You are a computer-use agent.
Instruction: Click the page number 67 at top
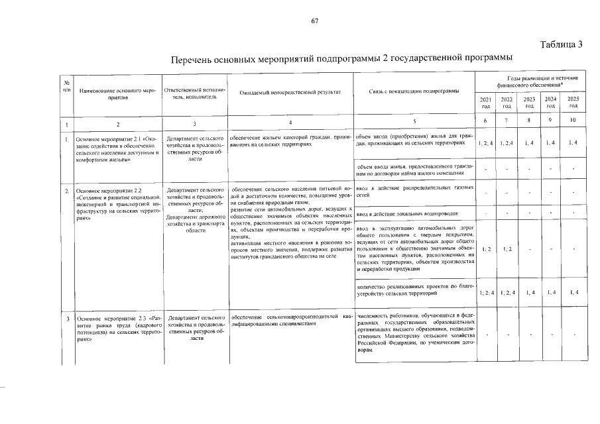click(x=315, y=21)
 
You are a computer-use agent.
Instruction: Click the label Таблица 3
click(x=561, y=45)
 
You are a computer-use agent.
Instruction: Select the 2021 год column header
click(x=485, y=102)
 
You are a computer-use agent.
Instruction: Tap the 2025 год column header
click(x=573, y=102)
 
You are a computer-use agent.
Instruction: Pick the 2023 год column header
click(x=529, y=102)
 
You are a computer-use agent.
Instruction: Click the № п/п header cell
click(x=66, y=85)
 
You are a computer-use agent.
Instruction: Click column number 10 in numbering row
click(x=573, y=121)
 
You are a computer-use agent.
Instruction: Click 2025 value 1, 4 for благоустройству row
click(x=573, y=292)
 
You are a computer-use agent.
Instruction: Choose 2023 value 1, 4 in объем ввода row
click(x=529, y=143)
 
